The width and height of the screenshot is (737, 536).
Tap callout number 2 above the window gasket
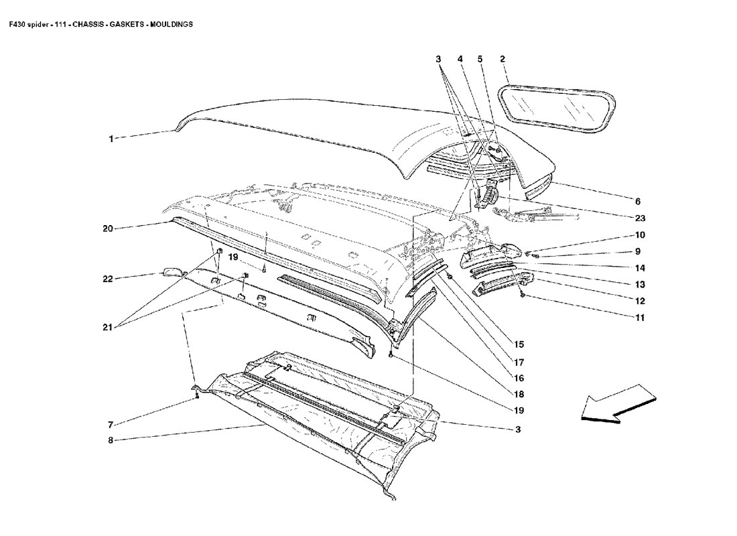502,60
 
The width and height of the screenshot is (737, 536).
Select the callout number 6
638,201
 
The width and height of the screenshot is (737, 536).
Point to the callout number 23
640,218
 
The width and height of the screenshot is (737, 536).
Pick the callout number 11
640,318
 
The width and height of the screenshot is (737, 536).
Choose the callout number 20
107,228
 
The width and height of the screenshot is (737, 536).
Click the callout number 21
107,328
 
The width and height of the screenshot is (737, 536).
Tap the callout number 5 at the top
480,60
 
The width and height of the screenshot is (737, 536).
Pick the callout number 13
640,284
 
